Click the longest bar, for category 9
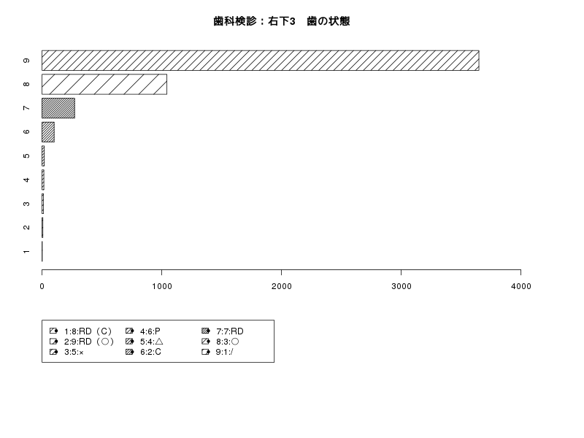click(261, 61)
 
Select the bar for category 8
click(104, 84)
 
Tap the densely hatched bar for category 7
click(58, 108)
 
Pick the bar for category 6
click(48, 132)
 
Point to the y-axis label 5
click(26, 155)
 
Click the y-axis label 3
click(26, 204)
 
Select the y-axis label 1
click(26, 252)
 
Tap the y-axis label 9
click(26, 61)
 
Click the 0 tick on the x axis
click(42, 286)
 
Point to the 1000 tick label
click(161, 286)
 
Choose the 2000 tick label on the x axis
click(282, 286)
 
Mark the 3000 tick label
click(401, 286)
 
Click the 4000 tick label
click(521, 286)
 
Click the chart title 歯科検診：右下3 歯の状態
click(282, 21)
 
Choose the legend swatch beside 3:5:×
click(53, 352)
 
